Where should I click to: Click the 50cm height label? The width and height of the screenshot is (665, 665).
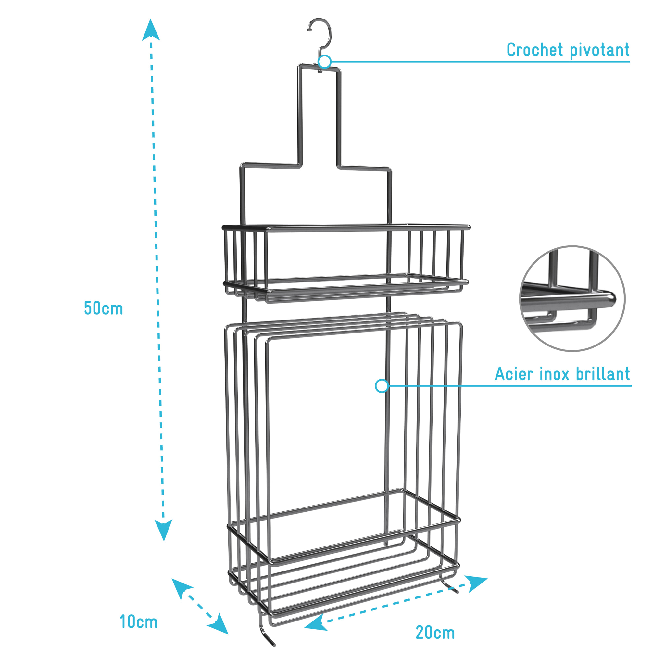pos(104,308)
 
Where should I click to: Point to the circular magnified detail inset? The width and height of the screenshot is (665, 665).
pos(572,299)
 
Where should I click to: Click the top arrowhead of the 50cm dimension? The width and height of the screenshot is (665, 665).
pos(151,30)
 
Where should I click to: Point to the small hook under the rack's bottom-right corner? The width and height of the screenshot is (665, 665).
pos(449,585)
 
